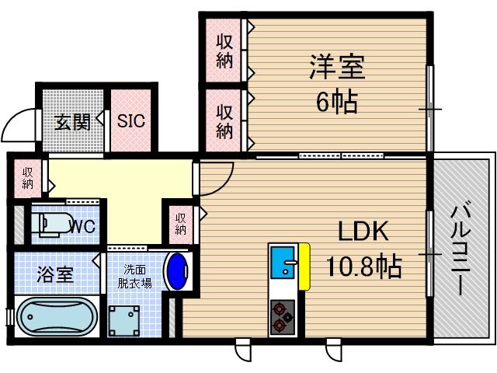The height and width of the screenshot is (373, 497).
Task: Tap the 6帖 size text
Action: tap(337, 101)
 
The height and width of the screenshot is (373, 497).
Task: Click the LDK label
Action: tap(361, 232)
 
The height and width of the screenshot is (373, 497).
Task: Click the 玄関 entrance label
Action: tap(72, 122)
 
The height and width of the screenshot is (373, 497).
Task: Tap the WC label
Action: tap(82, 226)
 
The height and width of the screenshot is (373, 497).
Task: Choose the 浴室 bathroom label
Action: tap(54, 274)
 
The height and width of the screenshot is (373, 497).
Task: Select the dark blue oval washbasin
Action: tap(178, 270)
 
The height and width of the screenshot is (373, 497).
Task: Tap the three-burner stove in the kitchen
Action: tap(282, 316)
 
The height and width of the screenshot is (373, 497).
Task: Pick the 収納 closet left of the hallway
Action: tap(28, 177)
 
